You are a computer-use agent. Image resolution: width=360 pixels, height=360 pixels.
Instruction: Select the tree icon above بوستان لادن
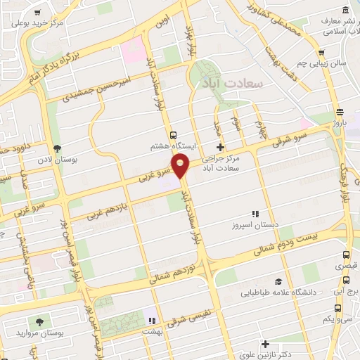(x=57, y=148)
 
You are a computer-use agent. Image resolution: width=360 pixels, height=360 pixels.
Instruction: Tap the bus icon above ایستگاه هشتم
(x=173, y=134)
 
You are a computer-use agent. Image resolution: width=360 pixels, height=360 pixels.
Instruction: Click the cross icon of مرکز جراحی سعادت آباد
(x=221, y=147)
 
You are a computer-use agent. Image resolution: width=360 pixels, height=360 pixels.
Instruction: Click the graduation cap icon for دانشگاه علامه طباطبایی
(x=278, y=281)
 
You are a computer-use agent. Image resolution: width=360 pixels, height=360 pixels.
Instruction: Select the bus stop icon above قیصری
(x=345, y=255)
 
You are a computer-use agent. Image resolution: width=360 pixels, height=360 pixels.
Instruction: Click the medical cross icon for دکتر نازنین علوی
(x=265, y=345)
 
